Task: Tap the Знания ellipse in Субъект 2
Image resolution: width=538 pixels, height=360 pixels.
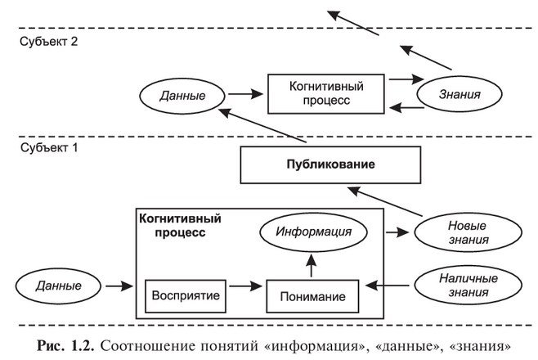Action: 458,95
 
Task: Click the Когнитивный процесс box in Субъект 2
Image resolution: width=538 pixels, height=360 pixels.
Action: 326,93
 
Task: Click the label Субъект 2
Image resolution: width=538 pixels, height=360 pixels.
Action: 48,43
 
